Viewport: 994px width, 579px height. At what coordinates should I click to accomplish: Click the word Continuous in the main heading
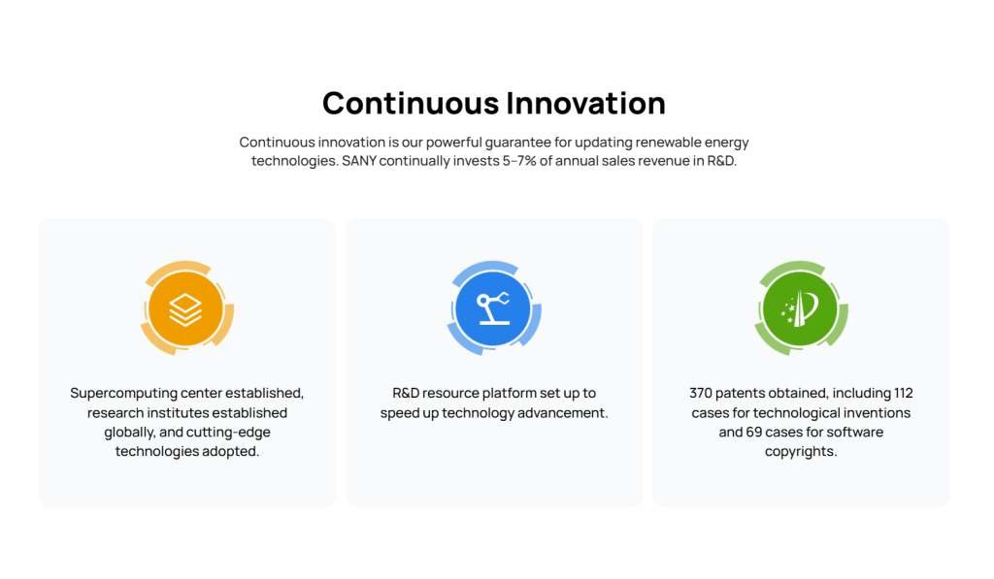411,103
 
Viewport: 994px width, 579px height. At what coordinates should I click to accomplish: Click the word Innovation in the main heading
586,103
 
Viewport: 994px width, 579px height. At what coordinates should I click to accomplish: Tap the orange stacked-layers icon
186,308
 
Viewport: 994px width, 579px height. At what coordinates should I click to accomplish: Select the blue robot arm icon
494,308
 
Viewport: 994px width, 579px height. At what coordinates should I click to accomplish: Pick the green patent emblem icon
801,308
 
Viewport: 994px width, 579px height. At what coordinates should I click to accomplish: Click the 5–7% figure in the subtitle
519,161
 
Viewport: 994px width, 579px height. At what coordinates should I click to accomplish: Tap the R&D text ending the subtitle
722,161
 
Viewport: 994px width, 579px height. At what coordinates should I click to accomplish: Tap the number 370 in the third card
701,394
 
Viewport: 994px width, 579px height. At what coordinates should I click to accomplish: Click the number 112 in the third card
904,394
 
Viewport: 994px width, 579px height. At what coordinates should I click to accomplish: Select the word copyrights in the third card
801,452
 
